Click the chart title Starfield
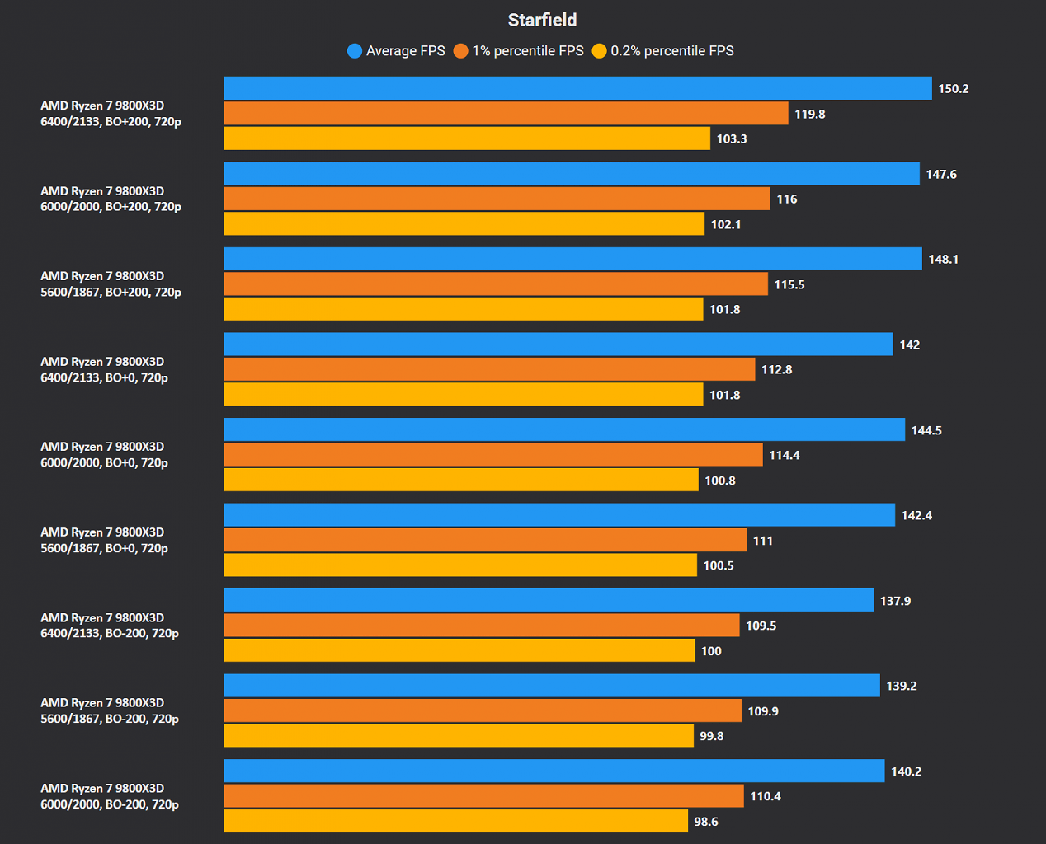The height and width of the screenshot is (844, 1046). point(542,20)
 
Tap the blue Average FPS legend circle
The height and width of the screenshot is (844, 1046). point(355,51)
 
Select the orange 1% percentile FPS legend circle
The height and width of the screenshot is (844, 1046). point(460,51)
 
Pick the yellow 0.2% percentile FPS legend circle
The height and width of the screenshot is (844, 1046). point(599,51)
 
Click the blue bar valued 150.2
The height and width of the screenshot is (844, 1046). point(578,88)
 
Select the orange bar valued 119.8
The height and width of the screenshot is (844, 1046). point(507,114)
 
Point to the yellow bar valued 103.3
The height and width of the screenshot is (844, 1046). point(467,138)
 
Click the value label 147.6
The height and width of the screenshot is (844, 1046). point(941,174)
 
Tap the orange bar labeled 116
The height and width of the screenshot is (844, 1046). point(497,199)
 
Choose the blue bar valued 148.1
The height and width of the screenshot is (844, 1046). point(573,259)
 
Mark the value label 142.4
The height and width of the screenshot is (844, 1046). point(916,515)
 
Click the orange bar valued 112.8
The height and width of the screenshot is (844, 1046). point(490,369)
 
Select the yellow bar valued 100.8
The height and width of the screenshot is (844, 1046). point(461,480)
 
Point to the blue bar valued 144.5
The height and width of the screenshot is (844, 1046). point(565,429)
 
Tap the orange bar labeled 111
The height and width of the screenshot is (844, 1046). point(485,540)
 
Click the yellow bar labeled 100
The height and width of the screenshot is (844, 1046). point(459,650)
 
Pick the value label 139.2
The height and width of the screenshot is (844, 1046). point(902,686)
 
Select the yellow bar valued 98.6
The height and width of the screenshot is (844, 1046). point(455,821)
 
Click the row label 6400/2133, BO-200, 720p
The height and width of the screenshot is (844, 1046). point(110,634)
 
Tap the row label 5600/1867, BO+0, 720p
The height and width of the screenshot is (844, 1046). point(104,548)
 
